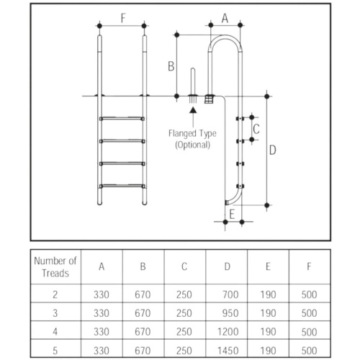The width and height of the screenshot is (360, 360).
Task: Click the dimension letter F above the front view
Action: [x=123, y=18]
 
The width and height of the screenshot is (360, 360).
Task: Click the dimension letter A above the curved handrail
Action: [x=225, y=18]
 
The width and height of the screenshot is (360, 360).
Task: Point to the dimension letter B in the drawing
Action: [x=171, y=66]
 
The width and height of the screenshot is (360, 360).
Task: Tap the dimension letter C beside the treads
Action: [x=256, y=129]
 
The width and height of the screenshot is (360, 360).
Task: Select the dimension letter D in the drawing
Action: [x=273, y=150]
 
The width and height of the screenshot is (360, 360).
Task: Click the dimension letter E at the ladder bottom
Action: [x=232, y=215]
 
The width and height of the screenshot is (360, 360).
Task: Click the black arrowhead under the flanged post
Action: [x=193, y=110]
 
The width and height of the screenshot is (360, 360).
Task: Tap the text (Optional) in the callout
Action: [x=192, y=145]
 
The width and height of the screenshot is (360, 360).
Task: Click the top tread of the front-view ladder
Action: [x=122, y=119]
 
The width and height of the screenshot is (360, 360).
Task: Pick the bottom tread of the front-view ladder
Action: [x=122, y=186]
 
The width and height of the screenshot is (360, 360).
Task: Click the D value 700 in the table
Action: [x=230, y=294]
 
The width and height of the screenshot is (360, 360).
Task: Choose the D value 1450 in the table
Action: [x=228, y=351]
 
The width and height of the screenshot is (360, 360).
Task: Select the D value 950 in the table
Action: [x=230, y=313]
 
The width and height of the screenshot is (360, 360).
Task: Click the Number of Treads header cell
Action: [x=55, y=267]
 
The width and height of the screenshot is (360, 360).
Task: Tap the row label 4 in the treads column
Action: [x=55, y=332]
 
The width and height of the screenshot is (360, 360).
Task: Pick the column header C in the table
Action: [x=184, y=266]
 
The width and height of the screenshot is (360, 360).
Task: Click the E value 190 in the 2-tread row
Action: [x=268, y=294]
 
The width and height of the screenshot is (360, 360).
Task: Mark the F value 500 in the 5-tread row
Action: [x=309, y=351]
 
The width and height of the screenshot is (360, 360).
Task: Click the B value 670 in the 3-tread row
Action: [x=143, y=313]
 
